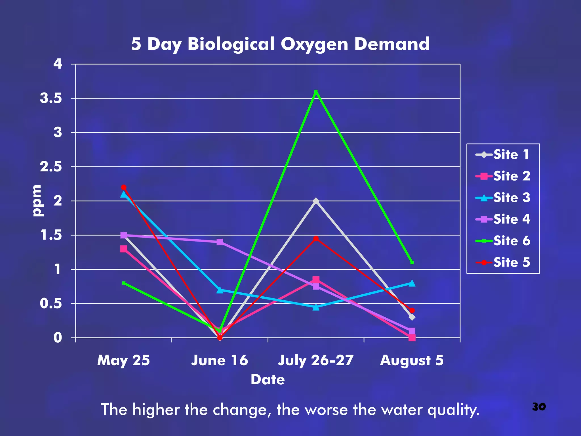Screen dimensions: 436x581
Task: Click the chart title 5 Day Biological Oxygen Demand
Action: pos(280,44)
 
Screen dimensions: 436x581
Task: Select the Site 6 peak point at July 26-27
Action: pos(316,92)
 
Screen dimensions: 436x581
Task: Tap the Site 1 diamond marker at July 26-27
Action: pos(316,201)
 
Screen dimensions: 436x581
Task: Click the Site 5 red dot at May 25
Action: pos(124,187)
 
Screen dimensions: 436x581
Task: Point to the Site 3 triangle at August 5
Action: pos(412,283)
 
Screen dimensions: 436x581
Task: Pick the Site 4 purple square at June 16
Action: pos(220,242)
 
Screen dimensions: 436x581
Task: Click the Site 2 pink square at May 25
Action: pos(124,249)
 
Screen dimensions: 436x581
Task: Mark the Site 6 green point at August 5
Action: pos(412,262)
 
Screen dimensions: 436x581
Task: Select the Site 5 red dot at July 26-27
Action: pos(316,239)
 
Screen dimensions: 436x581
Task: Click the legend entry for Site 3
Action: pos(503,198)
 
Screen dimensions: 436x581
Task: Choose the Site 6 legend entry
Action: pos(503,241)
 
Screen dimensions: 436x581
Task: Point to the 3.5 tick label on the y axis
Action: pos(51,98)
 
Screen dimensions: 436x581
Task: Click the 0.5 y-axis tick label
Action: pos(51,303)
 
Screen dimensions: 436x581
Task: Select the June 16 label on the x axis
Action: pos(220,360)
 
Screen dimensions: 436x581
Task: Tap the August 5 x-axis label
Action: pos(412,360)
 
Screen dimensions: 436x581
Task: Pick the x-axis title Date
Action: pos(268,380)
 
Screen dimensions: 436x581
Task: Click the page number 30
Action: pos(539,406)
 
